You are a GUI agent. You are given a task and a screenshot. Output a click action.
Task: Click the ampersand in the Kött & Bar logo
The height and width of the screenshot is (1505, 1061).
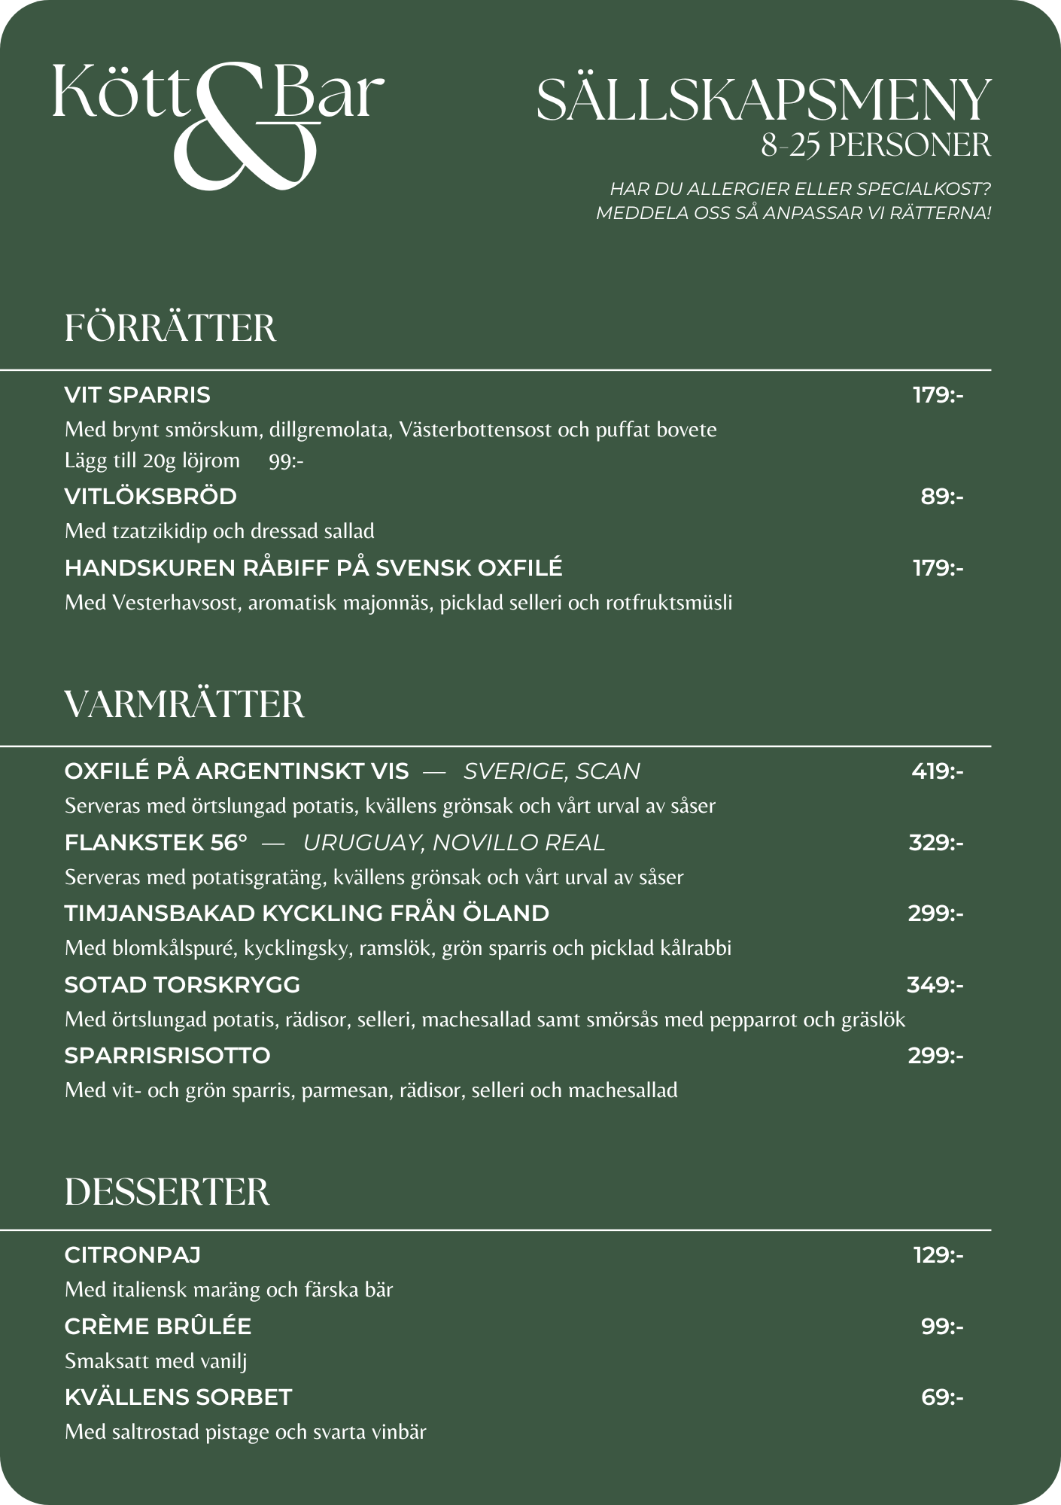[x=245, y=132]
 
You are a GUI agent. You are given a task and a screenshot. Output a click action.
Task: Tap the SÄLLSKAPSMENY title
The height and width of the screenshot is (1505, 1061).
[x=763, y=100]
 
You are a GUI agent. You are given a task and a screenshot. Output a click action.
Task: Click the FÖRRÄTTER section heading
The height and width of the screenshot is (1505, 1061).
[x=170, y=329]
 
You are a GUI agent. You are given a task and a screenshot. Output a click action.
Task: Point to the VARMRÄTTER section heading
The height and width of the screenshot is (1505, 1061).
[x=184, y=705]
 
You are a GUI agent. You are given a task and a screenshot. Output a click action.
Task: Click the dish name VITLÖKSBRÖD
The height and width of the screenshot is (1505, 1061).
[x=150, y=497]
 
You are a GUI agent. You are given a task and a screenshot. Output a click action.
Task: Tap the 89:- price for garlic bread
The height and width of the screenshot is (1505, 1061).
[x=942, y=497]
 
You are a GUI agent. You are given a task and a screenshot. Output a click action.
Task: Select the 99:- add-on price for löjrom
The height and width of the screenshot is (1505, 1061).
[x=286, y=461]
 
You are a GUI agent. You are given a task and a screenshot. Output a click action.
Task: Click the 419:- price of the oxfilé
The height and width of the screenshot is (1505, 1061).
[x=937, y=771]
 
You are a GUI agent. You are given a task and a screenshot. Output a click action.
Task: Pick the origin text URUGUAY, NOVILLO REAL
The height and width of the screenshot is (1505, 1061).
[x=454, y=843]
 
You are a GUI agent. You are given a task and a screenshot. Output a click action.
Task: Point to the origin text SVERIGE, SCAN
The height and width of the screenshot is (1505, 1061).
[x=552, y=771]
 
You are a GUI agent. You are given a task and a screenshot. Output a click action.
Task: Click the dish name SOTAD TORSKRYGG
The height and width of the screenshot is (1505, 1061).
[x=182, y=985]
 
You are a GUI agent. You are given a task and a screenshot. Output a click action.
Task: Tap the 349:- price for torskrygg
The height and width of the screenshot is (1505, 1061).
[x=935, y=985]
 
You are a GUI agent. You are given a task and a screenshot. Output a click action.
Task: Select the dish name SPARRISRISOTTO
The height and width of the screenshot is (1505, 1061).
[x=167, y=1056]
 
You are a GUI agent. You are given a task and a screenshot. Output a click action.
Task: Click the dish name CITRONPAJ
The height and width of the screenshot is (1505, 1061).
[x=132, y=1255]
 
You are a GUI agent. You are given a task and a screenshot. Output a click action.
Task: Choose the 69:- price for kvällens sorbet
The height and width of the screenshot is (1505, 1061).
[x=942, y=1397]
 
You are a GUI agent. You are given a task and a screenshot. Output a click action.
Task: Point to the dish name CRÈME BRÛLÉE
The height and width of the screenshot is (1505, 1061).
[x=158, y=1327]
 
